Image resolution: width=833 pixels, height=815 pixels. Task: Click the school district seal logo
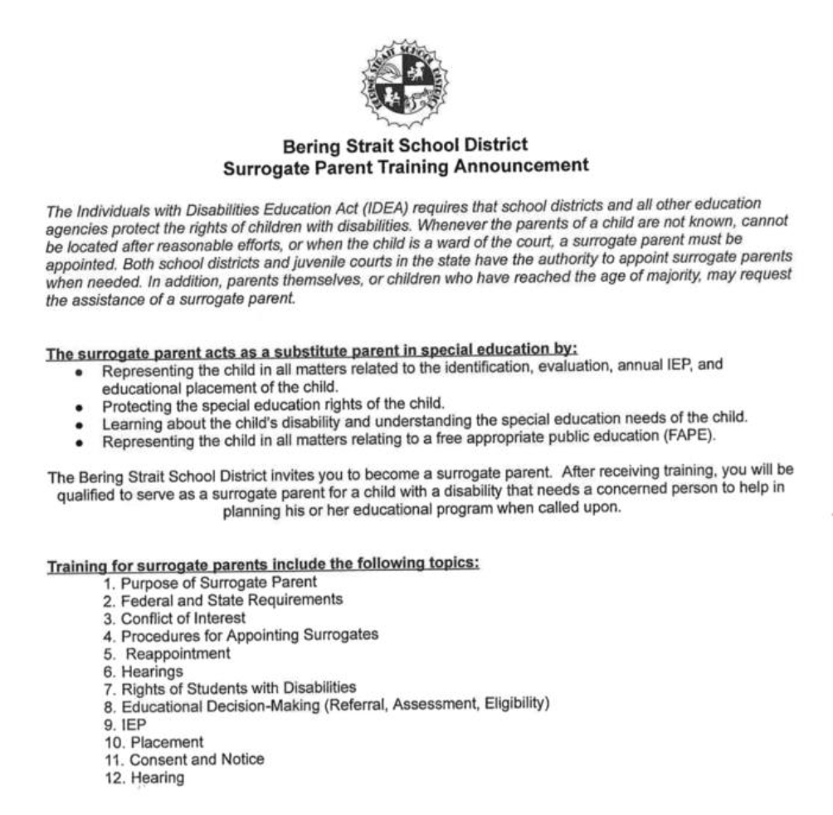[404, 82]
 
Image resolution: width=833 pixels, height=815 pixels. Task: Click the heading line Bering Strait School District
[406, 147]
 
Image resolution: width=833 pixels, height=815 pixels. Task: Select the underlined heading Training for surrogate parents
[263, 565]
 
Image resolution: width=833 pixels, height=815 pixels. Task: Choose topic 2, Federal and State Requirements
[223, 599]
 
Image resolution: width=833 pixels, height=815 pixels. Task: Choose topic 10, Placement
[153, 741]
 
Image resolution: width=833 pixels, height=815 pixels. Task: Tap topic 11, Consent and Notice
[184, 759]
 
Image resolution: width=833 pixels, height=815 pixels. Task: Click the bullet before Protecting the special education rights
[77, 407]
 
